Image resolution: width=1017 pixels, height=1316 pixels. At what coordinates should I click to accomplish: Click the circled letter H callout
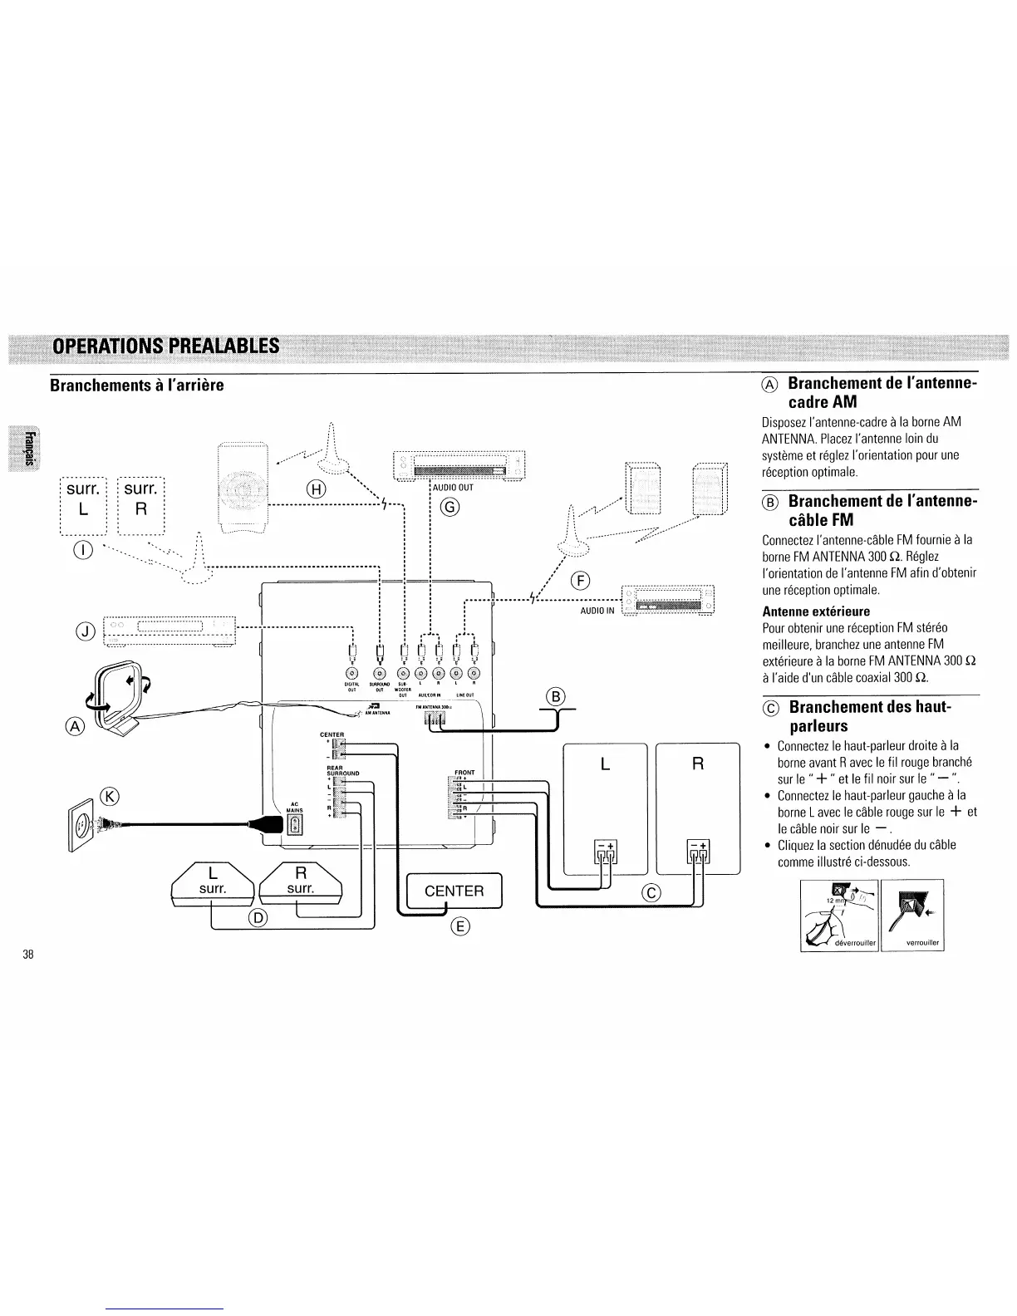(316, 489)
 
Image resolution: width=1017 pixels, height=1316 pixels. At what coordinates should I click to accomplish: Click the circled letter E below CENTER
(459, 927)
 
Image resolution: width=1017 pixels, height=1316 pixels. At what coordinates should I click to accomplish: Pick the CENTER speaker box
(454, 891)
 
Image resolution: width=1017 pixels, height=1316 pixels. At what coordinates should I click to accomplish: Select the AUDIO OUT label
(454, 488)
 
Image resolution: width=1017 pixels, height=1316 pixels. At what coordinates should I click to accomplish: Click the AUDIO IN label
(597, 611)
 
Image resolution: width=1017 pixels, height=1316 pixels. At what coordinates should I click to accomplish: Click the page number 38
(28, 954)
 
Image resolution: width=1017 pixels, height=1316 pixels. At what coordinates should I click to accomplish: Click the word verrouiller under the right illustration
(911, 942)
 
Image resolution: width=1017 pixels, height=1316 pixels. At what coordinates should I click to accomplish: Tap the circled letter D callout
(258, 917)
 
